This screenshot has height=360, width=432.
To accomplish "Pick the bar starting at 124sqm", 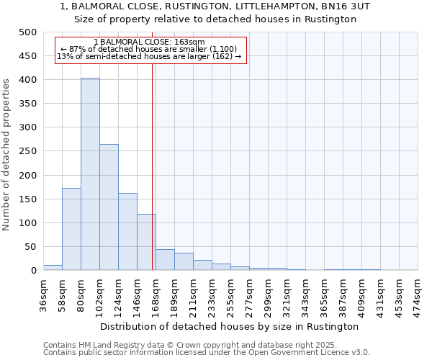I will (127, 231).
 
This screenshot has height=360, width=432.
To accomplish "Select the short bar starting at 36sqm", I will (53, 267).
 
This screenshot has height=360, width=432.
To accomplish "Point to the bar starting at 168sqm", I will (165, 260).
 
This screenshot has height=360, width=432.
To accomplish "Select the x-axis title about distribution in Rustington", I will (230, 326).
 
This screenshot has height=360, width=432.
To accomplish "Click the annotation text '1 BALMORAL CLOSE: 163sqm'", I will (149, 42).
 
